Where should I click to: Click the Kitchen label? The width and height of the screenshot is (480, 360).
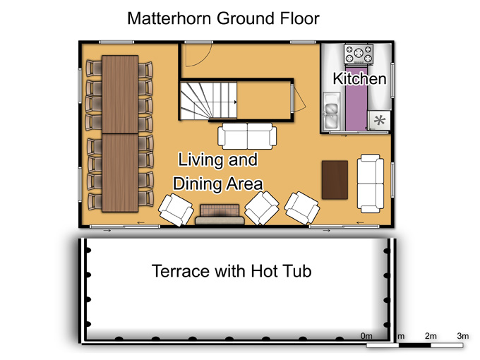(359, 78)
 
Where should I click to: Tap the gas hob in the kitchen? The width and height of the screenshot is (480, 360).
(359, 54)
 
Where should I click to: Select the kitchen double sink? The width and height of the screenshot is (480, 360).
(332, 111)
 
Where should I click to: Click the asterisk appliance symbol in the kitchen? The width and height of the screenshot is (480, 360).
(380, 120)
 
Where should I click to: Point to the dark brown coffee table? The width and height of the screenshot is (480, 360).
(335, 180)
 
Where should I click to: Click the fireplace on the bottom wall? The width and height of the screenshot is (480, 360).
(220, 215)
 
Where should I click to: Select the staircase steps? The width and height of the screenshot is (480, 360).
(208, 101)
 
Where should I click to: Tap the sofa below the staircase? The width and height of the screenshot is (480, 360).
(247, 136)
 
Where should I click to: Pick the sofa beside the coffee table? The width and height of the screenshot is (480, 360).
(371, 184)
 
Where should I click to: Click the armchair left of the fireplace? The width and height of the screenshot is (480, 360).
(176, 210)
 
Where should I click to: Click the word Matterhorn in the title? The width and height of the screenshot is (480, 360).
(169, 18)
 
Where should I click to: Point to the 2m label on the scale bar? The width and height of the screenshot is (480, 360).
(431, 336)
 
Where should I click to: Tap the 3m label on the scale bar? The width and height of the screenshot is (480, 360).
(463, 336)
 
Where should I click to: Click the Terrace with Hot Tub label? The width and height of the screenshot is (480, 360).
(232, 271)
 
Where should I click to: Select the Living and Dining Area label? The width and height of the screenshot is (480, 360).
(217, 172)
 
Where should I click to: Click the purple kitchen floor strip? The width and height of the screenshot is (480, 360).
(356, 97)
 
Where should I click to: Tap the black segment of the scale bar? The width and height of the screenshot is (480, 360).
(414, 346)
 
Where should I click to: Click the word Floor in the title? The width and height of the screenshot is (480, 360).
(299, 18)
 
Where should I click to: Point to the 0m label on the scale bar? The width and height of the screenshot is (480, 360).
(366, 336)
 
